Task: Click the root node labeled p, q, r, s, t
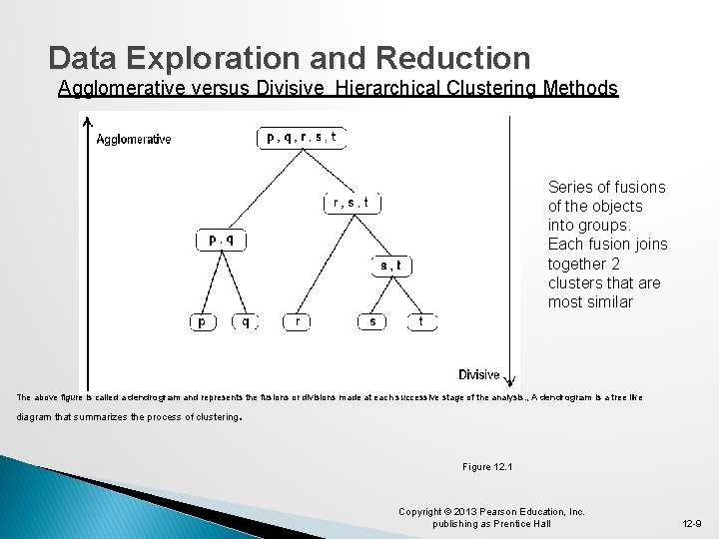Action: point(301,138)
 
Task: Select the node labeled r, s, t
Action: point(352,203)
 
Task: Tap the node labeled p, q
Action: point(221,240)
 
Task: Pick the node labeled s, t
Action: point(390,265)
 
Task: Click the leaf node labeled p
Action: point(203,321)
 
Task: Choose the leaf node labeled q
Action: point(245,321)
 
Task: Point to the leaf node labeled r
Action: point(297,321)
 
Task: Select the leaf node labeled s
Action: point(372,321)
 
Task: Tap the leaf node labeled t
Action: point(421,321)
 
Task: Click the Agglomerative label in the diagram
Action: point(134,140)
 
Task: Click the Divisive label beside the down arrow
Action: point(479,374)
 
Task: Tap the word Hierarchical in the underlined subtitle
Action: point(391,89)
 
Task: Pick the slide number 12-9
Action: point(690,523)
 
